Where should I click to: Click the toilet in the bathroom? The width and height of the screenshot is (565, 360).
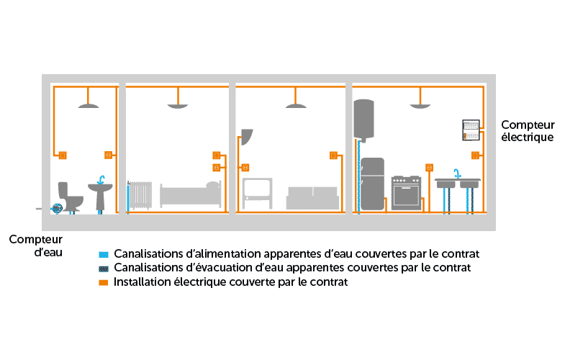(x=70, y=196)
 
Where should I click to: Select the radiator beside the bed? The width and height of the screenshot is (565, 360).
(x=140, y=195)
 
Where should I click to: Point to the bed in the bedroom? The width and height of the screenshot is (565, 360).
(x=190, y=194)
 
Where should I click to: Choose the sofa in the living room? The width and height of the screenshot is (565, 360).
(x=312, y=198)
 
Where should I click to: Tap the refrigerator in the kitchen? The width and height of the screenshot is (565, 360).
(x=373, y=184)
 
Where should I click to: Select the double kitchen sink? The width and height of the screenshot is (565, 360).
(x=456, y=184)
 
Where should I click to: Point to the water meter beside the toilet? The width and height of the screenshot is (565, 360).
(x=57, y=208)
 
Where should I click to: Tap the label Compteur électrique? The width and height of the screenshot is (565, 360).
(x=528, y=130)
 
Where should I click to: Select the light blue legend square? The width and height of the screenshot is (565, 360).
(x=104, y=255)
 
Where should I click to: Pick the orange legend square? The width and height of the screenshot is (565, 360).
(x=104, y=283)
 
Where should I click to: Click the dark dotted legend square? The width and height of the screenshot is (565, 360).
(x=104, y=269)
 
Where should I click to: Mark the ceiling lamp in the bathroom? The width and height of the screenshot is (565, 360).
(x=88, y=106)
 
